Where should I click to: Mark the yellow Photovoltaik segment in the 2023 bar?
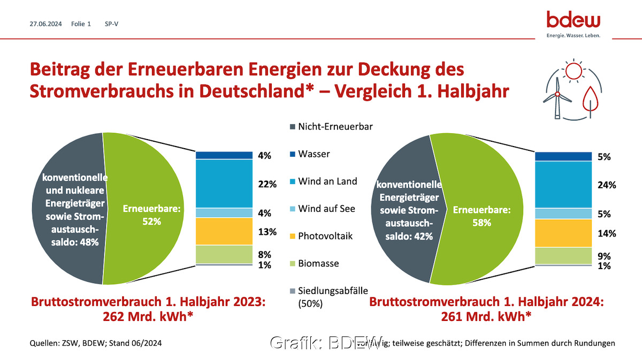point(224,231)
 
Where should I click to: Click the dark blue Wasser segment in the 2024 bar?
point(563,156)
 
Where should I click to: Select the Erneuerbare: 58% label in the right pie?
point(481,216)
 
